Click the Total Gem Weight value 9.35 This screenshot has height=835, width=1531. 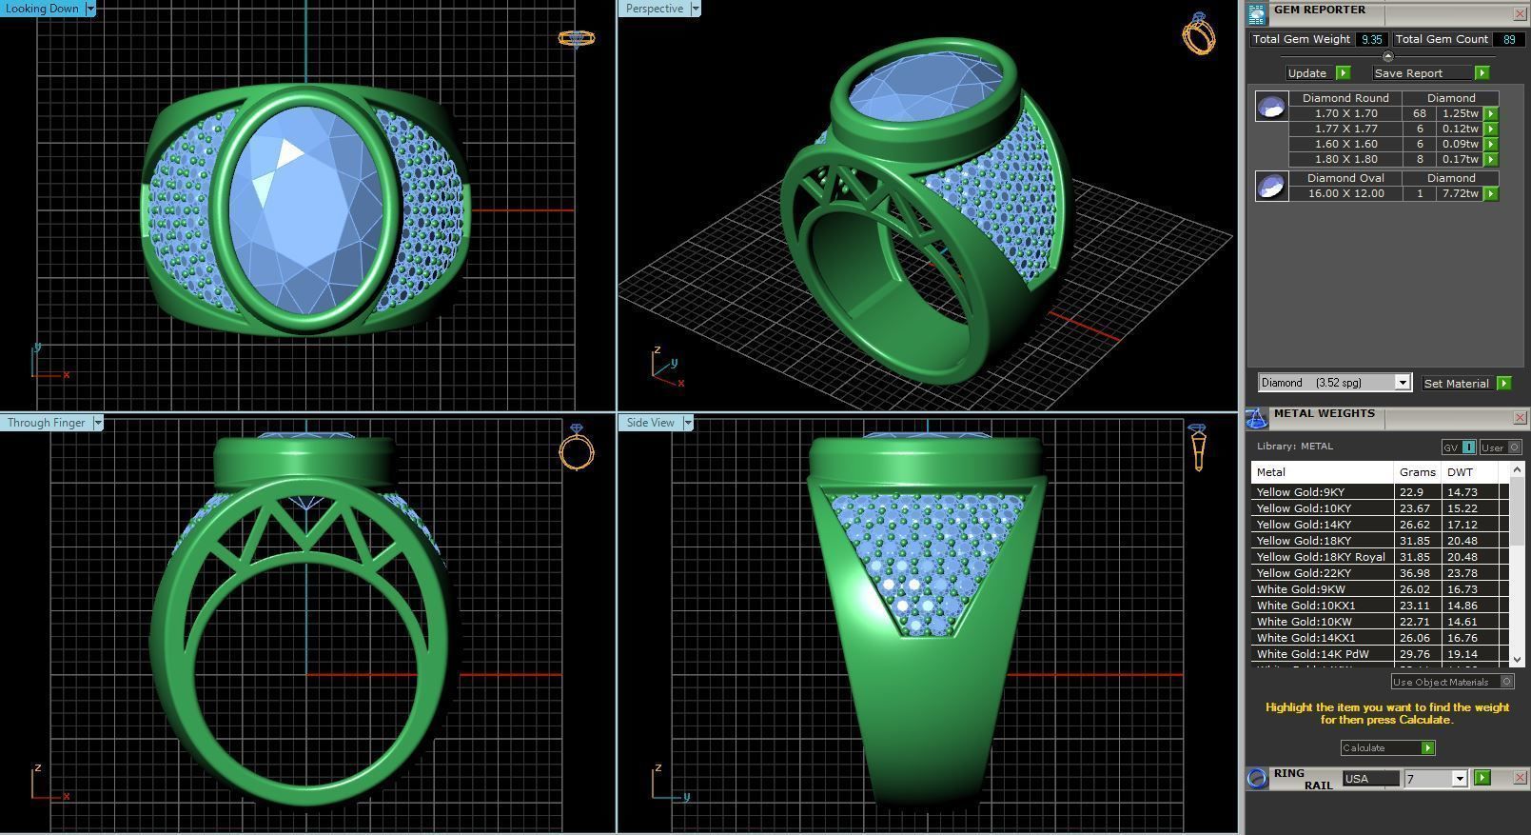pyautogui.click(x=1371, y=39)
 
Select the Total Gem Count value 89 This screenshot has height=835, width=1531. pyautogui.click(x=1508, y=39)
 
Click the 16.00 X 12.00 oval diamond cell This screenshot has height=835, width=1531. pyautogui.click(x=1345, y=193)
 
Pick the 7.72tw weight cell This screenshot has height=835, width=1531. pyautogui.click(x=1460, y=193)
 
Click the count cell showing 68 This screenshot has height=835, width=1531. pyautogui.click(x=1420, y=113)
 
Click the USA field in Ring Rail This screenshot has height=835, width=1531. pyautogui.click(x=1369, y=779)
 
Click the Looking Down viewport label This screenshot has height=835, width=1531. pyautogui.click(x=43, y=9)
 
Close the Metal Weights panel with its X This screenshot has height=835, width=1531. pyautogui.click(x=1519, y=418)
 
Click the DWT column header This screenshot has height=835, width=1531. pyautogui.click(x=1460, y=472)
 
